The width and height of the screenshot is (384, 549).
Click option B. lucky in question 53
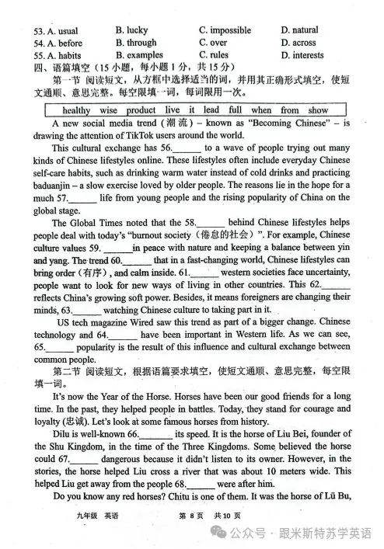tap(131, 30)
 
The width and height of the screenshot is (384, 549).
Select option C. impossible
tap(225, 30)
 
